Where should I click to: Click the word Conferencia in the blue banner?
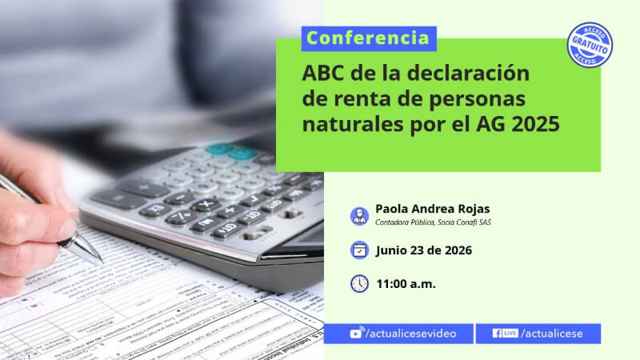368,38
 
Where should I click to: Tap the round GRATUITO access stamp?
590,45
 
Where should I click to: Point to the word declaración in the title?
468,74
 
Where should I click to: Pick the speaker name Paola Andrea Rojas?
432,209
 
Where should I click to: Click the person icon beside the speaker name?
359,216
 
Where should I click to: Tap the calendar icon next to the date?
359,250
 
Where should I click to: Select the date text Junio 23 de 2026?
424,250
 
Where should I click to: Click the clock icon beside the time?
359,284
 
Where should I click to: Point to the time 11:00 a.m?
406,284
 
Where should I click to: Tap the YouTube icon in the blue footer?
356,333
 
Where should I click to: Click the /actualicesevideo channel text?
410,334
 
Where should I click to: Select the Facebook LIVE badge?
506,333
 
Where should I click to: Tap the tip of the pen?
101,262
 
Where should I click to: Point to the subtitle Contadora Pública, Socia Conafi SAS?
433,222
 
